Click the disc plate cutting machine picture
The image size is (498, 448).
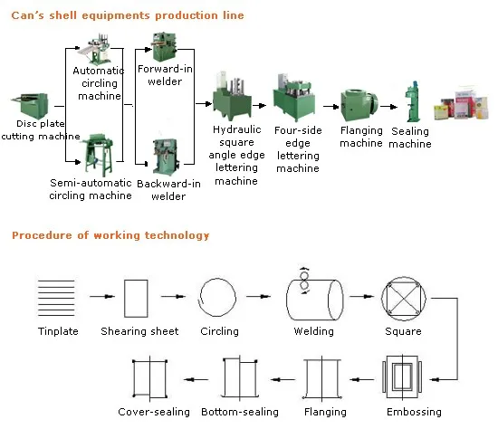(x=30, y=106)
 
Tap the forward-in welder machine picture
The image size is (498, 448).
(x=164, y=47)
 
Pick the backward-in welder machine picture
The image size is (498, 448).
(x=166, y=157)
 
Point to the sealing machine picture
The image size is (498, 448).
(x=413, y=101)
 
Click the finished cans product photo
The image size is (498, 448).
(x=461, y=103)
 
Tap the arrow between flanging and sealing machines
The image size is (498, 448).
(x=388, y=107)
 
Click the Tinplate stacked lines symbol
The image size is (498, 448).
(x=56, y=298)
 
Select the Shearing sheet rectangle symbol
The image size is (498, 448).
(x=136, y=299)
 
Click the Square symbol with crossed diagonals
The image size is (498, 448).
(x=403, y=299)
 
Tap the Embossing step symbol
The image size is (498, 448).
(x=402, y=377)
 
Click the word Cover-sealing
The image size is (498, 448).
(x=154, y=412)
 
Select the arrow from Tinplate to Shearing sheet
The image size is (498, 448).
(x=102, y=296)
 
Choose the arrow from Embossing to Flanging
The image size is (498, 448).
(x=362, y=379)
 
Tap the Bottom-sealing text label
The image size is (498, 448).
(x=240, y=412)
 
